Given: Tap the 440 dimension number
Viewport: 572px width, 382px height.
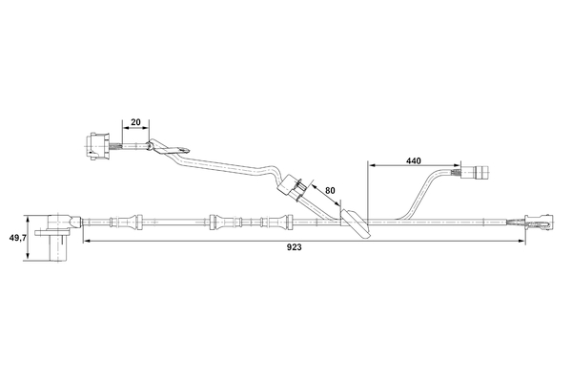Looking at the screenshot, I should click(x=413, y=161).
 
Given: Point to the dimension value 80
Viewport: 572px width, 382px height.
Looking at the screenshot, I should click(x=330, y=191).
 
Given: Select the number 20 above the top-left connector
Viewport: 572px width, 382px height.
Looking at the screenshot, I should click(x=135, y=122).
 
